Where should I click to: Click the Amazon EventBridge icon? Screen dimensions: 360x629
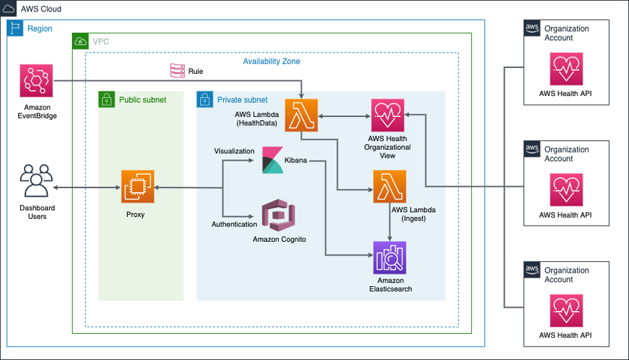36,81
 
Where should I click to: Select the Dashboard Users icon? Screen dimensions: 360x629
36,185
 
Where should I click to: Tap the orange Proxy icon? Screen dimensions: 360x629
137,187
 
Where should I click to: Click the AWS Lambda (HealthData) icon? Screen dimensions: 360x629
301,115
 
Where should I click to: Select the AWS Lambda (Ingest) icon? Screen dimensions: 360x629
390,187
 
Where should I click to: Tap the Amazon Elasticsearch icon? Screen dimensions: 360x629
390,258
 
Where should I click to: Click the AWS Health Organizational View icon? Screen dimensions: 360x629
388,115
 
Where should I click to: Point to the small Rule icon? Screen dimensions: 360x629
177,71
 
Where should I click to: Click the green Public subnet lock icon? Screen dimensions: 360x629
107,99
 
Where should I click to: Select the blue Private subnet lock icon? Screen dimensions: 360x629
205,99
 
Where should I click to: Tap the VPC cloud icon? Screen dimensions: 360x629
81,42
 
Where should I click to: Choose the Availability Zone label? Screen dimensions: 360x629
271,61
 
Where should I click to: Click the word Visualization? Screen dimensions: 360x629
234,151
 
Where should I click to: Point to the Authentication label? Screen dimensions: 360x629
234,224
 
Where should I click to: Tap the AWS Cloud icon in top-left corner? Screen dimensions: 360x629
9,9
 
